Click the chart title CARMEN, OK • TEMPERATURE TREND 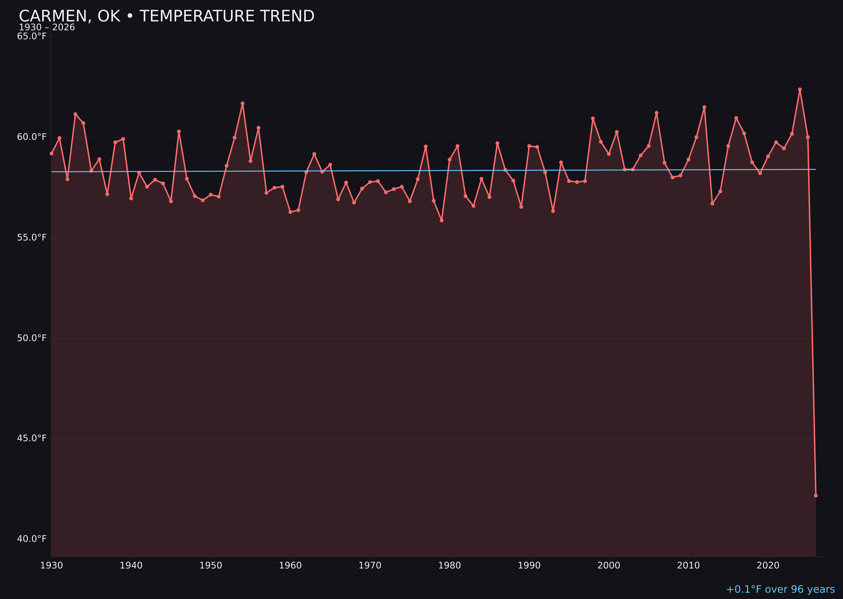(166, 16)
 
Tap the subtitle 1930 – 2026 (47, 28)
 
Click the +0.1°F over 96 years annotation (780, 589)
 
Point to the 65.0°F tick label (32, 36)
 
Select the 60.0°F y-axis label (32, 137)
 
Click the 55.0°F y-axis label (32, 238)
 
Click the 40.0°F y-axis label (32, 539)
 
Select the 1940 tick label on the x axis (131, 566)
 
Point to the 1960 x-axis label (290, 566)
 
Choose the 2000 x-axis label (609, 566)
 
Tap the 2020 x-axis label (768, 566)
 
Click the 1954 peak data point (243, 104)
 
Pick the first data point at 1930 (51, 154)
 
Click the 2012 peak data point (704, 107)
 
